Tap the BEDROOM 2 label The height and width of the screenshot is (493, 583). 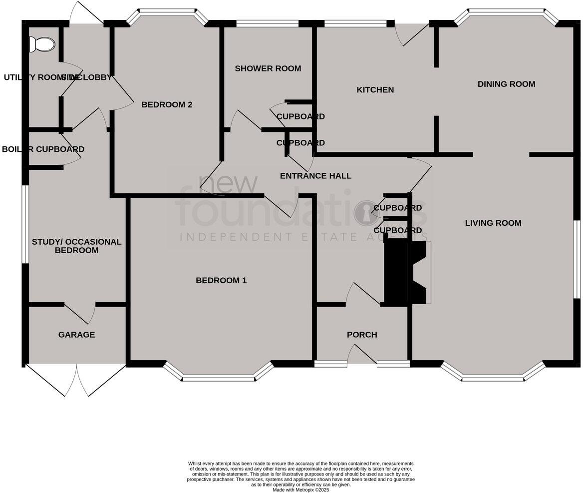coord(167,104)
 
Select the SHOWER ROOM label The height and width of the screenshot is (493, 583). coord(268,68)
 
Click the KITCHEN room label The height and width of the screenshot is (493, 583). coord(375,90)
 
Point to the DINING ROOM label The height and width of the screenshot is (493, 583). coord(506,84)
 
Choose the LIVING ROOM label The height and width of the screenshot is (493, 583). coord(493,223)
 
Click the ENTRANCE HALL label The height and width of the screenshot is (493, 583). coord(315,176)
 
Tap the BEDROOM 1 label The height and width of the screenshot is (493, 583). coord(221,280)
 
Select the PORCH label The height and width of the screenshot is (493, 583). coord(362,335)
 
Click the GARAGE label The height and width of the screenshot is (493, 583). coord(76,335)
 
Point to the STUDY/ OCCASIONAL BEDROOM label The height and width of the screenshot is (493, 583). coord(76,246)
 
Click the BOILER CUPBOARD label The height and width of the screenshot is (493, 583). coord(43,149)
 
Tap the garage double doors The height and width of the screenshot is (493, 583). coord(76,380)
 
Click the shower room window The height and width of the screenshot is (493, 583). coord(267,23)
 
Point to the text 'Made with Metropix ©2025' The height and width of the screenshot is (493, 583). coord(300,490)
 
